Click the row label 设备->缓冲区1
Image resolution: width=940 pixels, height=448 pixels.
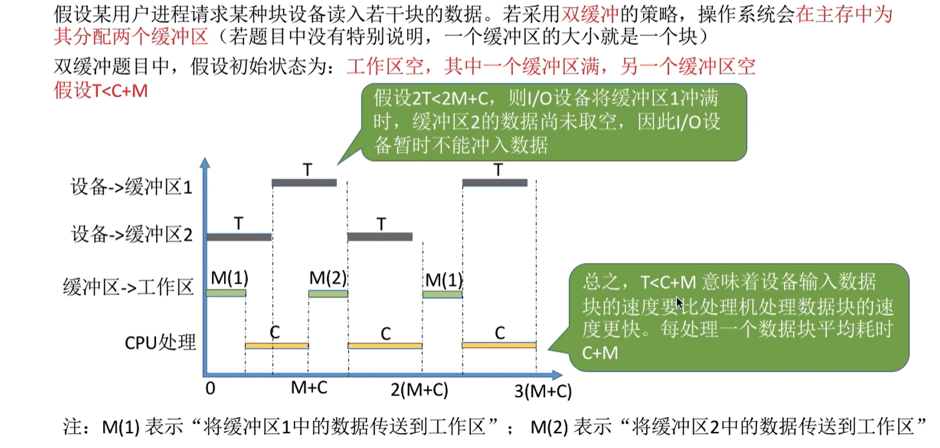[131, 188]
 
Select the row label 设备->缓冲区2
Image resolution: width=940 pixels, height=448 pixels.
[131, 235]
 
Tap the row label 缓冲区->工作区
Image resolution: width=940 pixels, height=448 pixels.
[128, 287]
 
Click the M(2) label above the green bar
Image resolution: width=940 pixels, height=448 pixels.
[328, 278]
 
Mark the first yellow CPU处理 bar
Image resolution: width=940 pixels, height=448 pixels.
[277, 346]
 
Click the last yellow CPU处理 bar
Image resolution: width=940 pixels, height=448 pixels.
[499, 346]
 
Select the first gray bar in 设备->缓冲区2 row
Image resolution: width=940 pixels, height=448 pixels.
[239, 238]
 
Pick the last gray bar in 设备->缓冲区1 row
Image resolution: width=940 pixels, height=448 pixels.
[495, 183]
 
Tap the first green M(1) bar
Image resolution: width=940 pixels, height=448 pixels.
[225, 293]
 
